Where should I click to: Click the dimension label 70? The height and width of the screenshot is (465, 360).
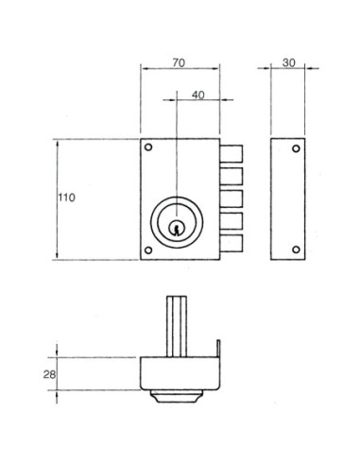179,62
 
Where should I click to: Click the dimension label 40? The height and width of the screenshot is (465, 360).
198,95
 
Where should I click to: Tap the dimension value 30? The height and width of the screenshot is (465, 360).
289,62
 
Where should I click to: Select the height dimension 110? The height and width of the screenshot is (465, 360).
66,198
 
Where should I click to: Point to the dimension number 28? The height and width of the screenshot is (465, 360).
49,374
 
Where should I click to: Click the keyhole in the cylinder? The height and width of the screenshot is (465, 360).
177,228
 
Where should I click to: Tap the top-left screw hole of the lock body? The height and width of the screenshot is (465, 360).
148,147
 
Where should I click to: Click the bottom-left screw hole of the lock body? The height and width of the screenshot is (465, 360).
148,250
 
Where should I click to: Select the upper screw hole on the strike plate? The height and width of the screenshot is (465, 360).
296,148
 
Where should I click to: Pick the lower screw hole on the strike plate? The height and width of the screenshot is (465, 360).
296,250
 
